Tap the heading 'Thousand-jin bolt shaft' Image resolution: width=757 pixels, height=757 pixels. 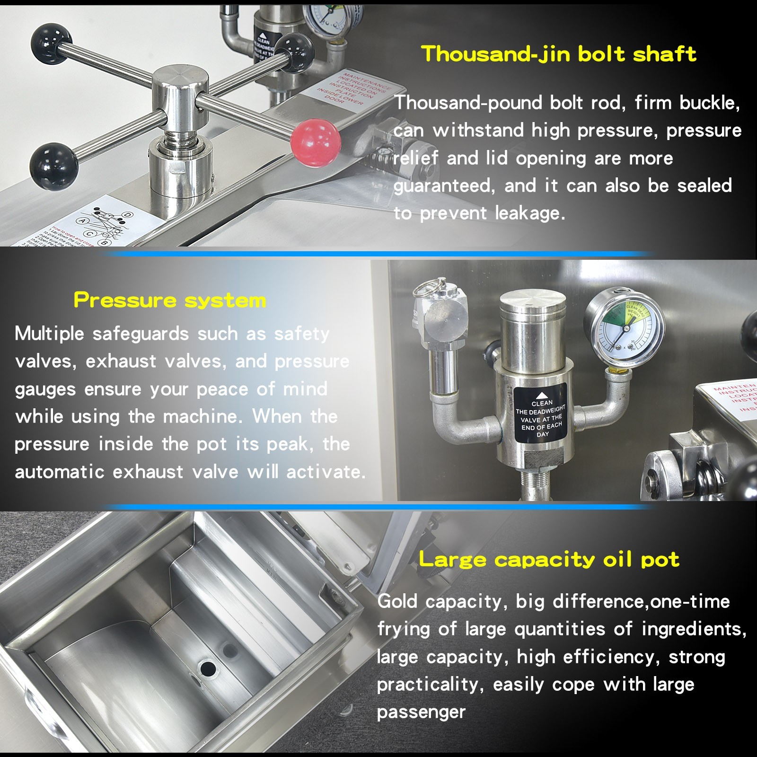pos(558,54)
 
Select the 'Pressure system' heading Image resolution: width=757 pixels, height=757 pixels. pos(170,300)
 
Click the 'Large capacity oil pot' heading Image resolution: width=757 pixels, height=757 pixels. pos(549,560)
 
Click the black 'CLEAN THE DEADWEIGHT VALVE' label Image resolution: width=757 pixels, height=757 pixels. pos(541,414)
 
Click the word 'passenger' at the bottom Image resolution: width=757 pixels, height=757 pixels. pos(421,712)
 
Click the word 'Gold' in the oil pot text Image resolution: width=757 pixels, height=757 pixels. pos(397,601)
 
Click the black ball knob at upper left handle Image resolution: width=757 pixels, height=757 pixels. pos(51,44)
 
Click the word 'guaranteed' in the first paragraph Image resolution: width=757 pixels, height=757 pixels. pos(444,185)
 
